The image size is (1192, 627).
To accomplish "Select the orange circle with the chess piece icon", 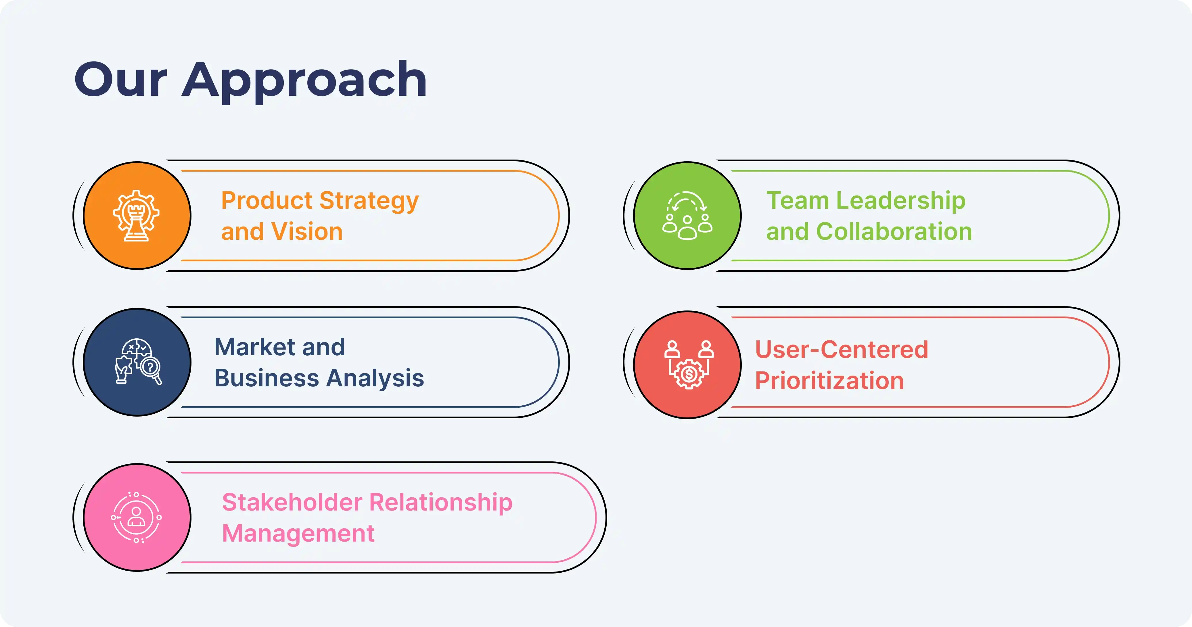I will [x=137, y=216].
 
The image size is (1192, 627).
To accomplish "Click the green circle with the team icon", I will [x=687, y=216].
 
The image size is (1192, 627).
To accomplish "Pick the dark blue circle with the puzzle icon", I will [x=137, y=362].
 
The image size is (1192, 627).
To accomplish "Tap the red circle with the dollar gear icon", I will [x=687, y=365].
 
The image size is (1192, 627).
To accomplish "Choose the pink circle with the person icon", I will [x=137, y=517].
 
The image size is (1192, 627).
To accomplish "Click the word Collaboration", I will [x=894, y=231].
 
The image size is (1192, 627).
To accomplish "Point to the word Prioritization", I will [x=829, y=381].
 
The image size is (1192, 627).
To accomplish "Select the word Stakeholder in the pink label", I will [x=292, y=503].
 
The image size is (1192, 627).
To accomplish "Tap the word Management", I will [x=298, y=534].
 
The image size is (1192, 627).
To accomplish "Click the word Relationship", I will [x=440, y=503].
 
